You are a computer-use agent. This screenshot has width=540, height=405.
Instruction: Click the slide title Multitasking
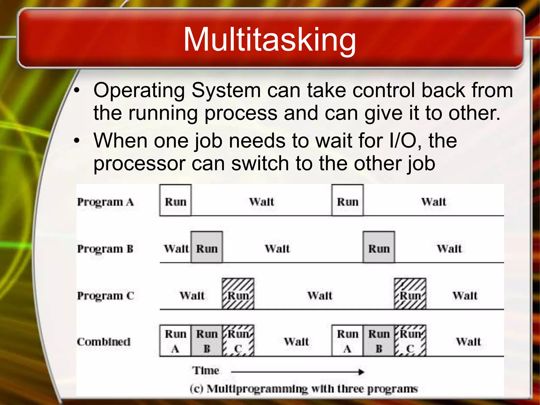269,40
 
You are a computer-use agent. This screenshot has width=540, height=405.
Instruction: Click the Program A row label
105,202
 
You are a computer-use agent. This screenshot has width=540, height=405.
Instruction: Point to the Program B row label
105,249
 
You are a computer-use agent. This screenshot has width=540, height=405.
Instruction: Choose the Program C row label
105,296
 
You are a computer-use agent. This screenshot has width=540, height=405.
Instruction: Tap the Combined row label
104,342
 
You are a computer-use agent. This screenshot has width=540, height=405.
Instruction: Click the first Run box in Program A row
175,200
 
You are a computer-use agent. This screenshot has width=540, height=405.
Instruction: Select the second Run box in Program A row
348,200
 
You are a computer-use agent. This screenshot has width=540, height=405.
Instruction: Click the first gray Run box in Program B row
207,247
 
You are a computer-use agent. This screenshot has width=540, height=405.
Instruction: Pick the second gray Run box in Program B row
379,247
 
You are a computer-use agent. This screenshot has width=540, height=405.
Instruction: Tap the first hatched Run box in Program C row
238,294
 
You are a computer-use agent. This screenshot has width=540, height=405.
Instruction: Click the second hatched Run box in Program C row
410,294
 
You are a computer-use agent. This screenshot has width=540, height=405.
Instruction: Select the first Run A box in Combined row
175,341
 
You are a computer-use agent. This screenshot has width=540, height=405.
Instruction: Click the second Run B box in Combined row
379,341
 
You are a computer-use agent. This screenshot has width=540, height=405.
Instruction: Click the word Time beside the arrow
205,370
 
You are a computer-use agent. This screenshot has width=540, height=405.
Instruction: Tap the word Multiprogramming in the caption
257,389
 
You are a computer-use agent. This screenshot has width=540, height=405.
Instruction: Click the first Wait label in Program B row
176,249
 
